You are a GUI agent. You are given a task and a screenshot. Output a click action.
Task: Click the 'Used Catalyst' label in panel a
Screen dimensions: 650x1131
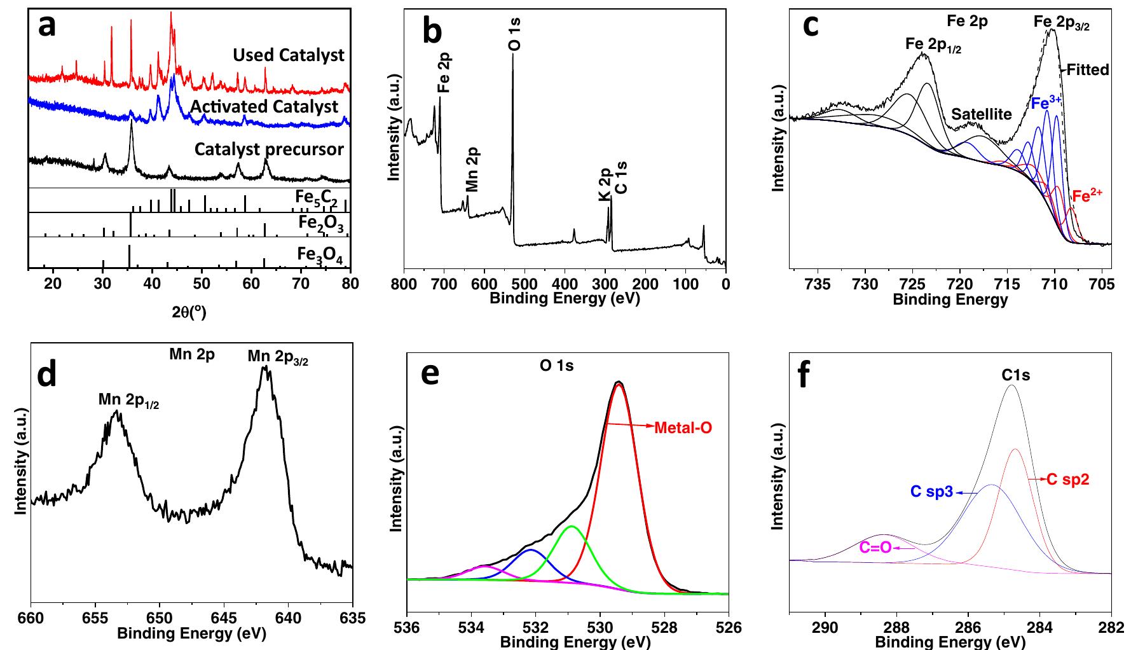(288, 55)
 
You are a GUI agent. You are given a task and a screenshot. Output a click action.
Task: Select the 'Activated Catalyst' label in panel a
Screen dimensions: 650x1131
(264, 106)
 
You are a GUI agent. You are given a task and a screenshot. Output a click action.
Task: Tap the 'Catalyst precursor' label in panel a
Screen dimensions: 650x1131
(269, 149)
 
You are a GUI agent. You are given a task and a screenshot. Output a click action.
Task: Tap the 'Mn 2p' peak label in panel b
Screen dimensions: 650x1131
(472, 170)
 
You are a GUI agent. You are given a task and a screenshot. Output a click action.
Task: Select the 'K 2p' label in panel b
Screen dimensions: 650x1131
(605, 185)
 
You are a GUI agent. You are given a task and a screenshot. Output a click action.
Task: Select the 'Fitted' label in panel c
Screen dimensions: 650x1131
(1087, 69)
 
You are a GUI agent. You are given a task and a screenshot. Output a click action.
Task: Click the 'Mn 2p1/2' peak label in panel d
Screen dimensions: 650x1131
(128, 400)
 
